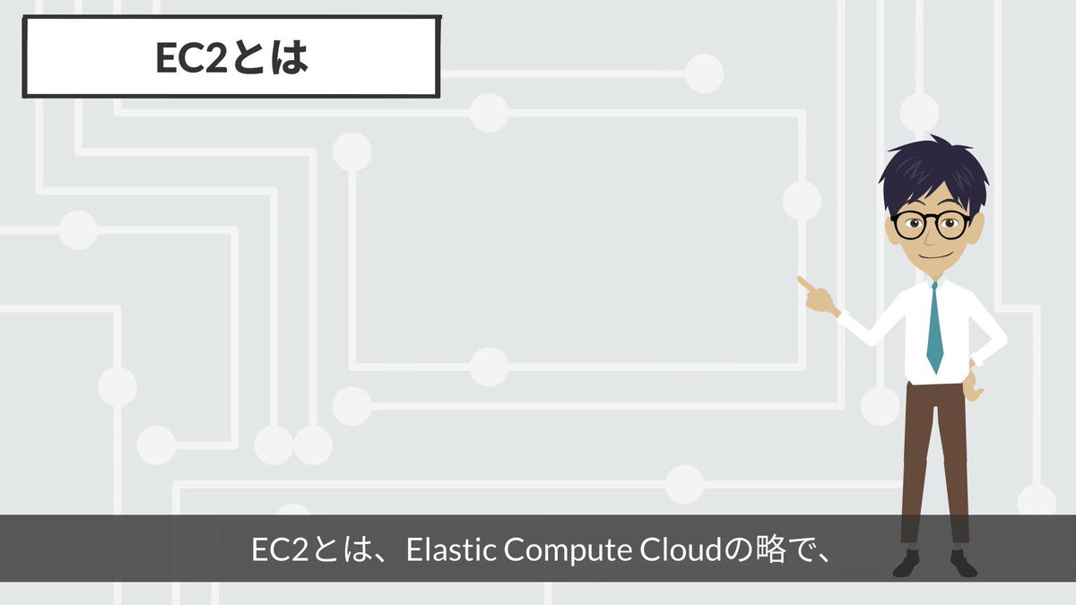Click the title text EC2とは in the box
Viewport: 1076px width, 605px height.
tap(231, 57)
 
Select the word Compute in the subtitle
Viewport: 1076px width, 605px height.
tap(568, 550)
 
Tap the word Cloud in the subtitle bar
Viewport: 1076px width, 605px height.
tap(681, 549)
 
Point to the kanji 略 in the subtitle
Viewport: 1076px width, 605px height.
tap(770, 549)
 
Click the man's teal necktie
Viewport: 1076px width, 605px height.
tap(934, 327)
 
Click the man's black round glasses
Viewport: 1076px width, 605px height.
tap(930, 225)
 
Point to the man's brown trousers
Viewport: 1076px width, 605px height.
tap(934, 462)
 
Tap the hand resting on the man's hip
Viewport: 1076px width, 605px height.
tap(973, 385)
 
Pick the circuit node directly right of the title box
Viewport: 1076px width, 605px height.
tap(704, 73)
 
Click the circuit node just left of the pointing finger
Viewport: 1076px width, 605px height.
tap(802, 200)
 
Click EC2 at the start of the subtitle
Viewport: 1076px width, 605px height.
tap(280, 549)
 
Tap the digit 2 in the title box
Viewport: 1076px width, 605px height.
tap(216, 58)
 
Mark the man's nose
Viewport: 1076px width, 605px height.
tap(931, 237)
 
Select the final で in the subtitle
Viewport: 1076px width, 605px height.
tap(803, 549)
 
